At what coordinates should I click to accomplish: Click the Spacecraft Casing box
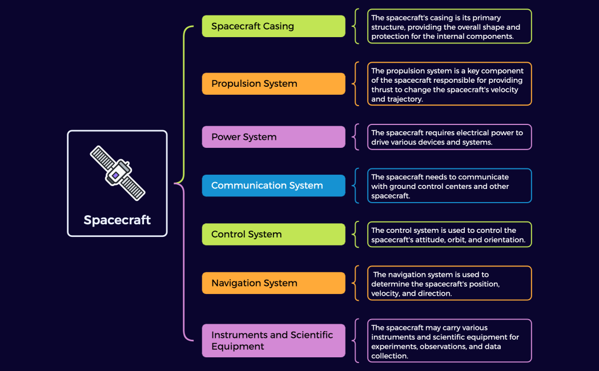[274, 26]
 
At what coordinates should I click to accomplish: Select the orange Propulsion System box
[274, 83]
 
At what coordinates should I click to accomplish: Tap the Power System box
[274, 137]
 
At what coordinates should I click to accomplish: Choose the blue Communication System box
[274, 185]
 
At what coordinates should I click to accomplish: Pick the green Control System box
[274, 234]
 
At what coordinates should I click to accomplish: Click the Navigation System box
[274, 283]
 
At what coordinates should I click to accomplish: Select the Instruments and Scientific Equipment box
[274, 341]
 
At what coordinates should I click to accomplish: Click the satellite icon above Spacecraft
[117, 173]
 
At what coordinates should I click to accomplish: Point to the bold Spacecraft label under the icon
[117, 220]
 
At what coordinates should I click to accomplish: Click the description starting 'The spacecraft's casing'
[449, 26]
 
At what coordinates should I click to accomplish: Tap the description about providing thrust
[449, 84]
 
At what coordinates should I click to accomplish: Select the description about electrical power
[449, 137]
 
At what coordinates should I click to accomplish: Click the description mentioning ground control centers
[449, 185]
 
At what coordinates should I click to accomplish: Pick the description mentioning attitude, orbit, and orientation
[449, 235]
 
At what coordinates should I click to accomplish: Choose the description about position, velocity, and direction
[449, 283]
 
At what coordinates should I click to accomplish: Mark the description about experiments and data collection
[449, 341]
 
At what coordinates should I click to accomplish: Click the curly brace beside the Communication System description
[356, 185]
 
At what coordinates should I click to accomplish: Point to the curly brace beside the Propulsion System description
[356, 84]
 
